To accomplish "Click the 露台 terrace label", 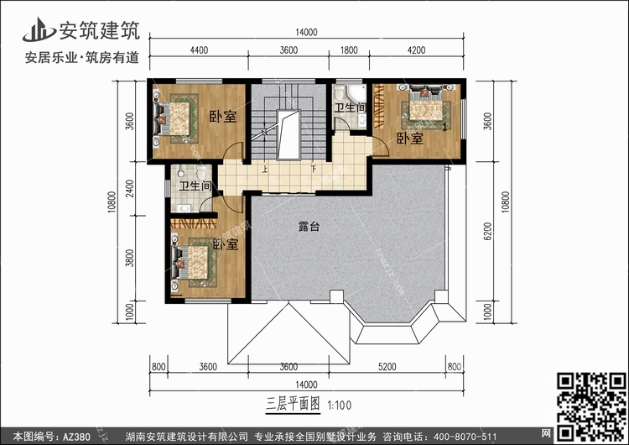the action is (309, 227).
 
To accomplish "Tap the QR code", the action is (591, 406).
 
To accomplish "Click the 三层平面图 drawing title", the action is (293, 404).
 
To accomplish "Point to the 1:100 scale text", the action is (340, 406).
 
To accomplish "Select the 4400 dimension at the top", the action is (199, 50).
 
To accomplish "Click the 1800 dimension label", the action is (349, 50).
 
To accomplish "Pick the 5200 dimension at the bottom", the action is (387, 366).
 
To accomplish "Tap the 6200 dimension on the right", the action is (487, 232).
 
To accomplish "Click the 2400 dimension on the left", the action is (129, 188).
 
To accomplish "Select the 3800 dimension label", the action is (129, 258).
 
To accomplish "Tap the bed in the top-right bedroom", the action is (425, 105).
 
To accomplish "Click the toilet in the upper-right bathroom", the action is (340, 92).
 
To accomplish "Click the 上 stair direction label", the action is (265, 170).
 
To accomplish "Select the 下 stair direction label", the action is (314, 169).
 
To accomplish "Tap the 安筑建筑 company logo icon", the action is (39, 29).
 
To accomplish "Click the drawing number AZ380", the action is (75, 437).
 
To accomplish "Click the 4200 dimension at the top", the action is (416, 50).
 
